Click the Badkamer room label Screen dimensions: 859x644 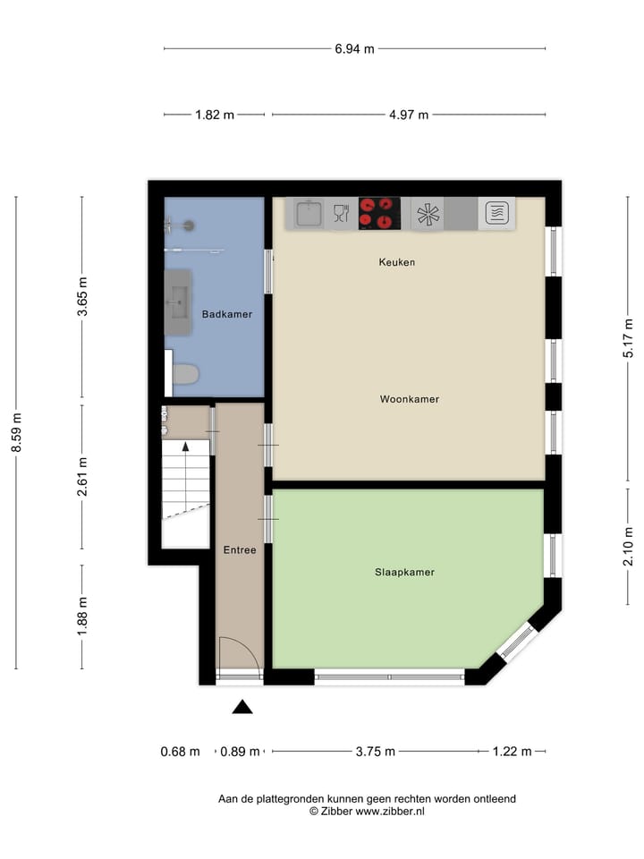(x=226, y=314)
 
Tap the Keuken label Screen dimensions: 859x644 (x=397, y=262)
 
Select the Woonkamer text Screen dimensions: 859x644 (x=409, y=399)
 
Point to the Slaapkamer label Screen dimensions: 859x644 (x=404, y=572)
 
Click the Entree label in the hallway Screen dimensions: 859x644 (x=239, y=550)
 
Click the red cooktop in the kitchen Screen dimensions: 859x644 (x=379, y=214)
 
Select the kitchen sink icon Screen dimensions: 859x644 (x=309, y=213)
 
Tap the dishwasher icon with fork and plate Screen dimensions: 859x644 (x=341, y=213)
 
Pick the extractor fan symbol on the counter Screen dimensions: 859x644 (x=428, y=214)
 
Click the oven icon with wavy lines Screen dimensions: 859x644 (x=497, y=213)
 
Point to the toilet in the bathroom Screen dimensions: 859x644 (x=185, y=373)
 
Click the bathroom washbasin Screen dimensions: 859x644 (x=178, y=302)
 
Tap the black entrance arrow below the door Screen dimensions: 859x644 (x=242, y=707)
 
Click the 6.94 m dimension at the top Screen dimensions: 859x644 (x=354, y=48)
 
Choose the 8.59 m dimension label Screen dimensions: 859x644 (x=16, y=433)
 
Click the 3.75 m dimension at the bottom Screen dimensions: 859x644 (x=376, y=752)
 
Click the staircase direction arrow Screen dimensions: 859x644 (x=185, y=445)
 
